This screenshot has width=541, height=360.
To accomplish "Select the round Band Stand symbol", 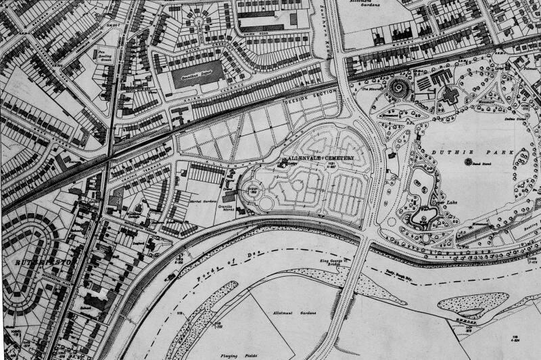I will pos(467,163).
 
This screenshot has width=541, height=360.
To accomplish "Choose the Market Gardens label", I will pos(201,182).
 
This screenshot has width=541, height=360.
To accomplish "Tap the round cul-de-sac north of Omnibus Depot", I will pos(199,24).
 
